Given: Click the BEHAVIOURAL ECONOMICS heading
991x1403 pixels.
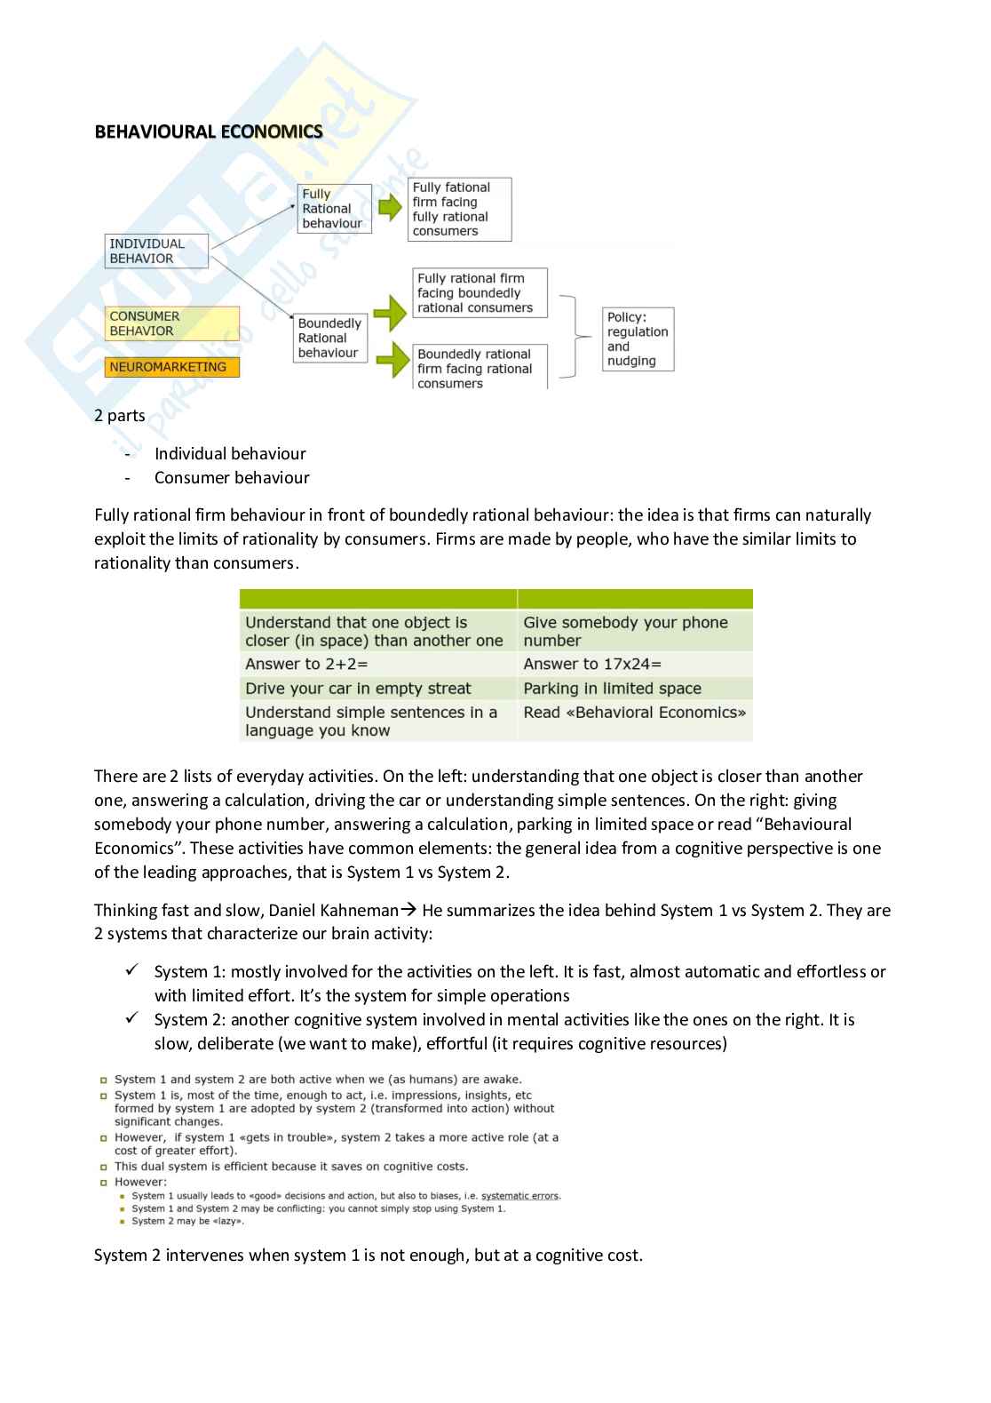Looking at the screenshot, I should [x=209, y=132].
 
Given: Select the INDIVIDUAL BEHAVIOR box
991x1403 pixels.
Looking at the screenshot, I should [x=157, y=251].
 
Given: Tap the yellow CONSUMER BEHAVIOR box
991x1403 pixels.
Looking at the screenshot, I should [x=172, y=323].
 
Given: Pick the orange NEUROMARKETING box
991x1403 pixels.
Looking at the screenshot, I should [x=172, y=367].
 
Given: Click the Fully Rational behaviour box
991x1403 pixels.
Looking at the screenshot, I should [x=334, y=209].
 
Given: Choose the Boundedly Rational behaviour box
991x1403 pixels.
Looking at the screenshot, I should [x=330, y=338].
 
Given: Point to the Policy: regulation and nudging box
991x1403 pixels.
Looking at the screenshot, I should [x=638, y=339].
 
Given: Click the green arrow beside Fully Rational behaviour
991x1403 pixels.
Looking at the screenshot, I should [x=389, y=208].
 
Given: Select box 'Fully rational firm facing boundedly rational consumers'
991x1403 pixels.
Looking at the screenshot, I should [x=480, y=293].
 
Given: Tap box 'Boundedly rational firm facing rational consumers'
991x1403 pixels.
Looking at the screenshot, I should [x=480, y=368].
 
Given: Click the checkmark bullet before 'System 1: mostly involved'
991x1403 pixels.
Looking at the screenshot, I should [x=131, y=971].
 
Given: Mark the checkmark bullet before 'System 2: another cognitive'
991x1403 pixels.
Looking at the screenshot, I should [x=131, y=1019].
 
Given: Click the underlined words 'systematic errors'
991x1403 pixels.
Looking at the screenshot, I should [x=520, y=1196].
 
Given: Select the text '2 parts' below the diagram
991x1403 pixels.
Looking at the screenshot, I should [x=120, y=416].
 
